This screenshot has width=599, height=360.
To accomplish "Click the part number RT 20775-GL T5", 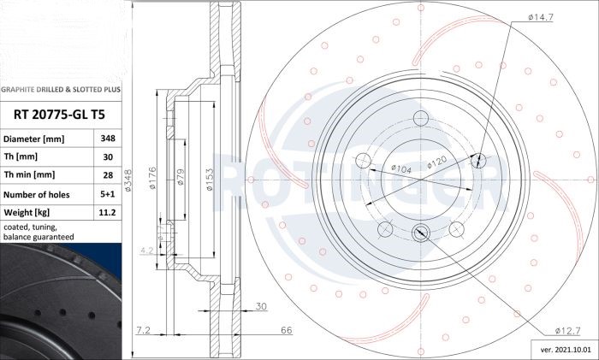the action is pyautogui.click(x=59, y=115).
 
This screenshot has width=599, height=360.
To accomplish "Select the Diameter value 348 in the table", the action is pyautogui.click(x=108, y=139).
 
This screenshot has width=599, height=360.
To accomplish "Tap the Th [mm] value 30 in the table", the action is pyautogui.click(x=108, y=156).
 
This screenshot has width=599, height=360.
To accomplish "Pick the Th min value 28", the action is pyautogui.click(x=108, y=174).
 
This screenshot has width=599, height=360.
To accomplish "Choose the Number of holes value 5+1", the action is pyautogui.click(x=108, y=194).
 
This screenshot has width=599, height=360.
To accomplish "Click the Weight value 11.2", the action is pyautogui.click(x=107, y=212).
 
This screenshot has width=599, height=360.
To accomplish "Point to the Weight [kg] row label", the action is pyautogui.click(x=27, y=212).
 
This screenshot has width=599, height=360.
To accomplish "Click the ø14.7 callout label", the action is pyautogui.click(x=541, y=17).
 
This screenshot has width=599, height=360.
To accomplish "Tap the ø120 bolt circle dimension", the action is pyautogui.click(x=436, y=162).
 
